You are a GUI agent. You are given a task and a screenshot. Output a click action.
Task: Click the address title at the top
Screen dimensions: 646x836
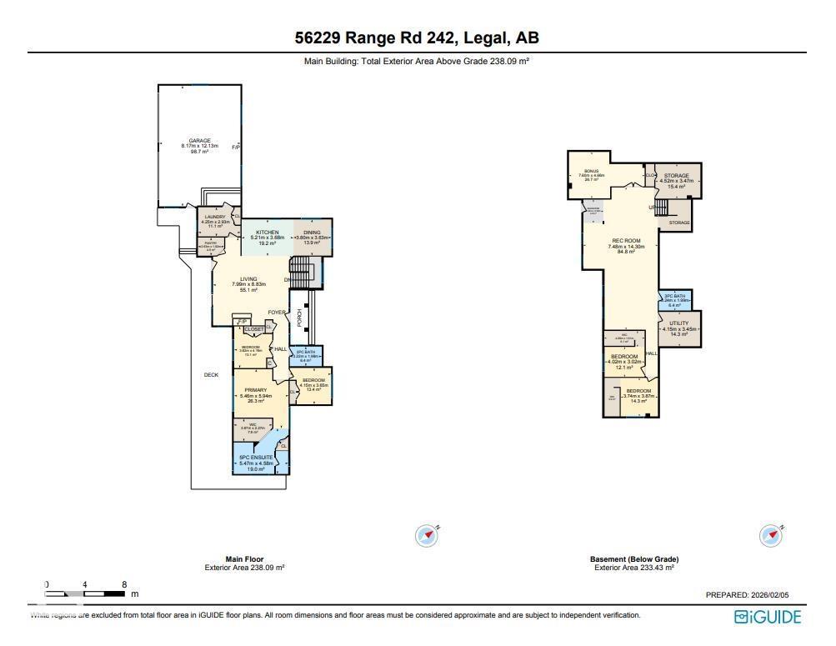[417, 38]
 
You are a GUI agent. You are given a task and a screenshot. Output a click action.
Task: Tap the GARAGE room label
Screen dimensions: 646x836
[199, 141]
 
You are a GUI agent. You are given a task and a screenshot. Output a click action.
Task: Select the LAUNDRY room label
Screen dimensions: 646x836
[214, 217]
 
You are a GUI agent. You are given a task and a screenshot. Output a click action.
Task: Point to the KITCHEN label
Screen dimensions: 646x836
[267, 233]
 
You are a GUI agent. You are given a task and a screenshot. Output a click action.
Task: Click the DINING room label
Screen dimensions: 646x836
[313, 233]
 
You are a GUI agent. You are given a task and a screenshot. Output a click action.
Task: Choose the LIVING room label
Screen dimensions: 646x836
[248, 279]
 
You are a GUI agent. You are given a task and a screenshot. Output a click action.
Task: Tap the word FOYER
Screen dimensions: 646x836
[277, 313]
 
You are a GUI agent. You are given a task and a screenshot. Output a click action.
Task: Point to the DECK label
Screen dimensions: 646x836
[212, 375]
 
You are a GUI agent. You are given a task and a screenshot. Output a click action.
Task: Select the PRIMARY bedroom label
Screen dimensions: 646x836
[255, 390]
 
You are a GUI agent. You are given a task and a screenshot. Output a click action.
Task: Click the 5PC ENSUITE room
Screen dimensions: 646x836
[256, 458]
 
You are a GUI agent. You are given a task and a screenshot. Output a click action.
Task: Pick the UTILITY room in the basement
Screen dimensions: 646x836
[679, 323]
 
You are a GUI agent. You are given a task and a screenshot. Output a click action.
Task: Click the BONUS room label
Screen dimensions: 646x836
[592, 171]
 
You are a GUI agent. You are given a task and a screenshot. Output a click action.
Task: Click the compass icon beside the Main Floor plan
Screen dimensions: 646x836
[427, 535]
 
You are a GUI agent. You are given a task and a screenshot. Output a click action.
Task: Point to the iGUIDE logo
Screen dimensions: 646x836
[768, 618]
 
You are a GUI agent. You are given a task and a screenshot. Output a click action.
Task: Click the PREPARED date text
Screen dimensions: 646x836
[747, 595]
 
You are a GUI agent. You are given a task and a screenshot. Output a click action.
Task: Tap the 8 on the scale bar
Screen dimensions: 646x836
[124, 584]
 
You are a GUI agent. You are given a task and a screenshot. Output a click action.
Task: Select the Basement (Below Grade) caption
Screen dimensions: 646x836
[633, 559]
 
